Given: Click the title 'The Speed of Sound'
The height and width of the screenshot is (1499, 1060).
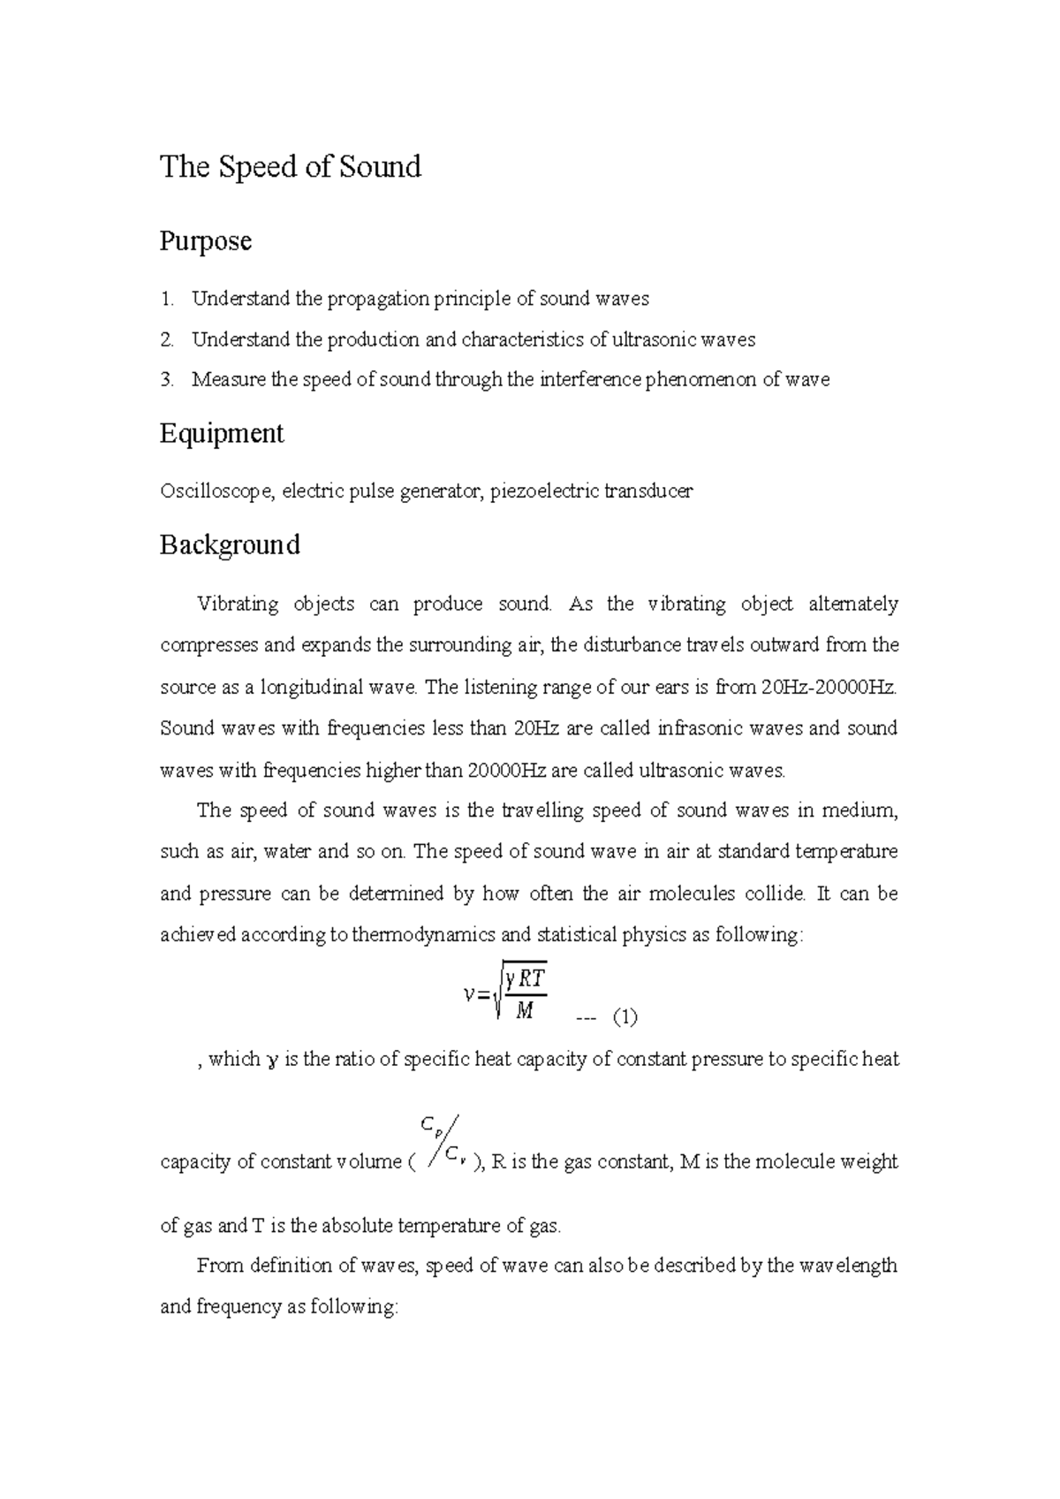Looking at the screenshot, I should pyautogui.click(x=290, y=167).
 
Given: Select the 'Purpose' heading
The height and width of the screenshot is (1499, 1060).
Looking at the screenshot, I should pyautogui.click(x=205, y=241).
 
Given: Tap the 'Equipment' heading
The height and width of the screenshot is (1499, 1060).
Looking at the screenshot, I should pyautogui.click(x=221, y=434).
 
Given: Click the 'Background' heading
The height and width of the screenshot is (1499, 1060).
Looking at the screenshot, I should pyautogui.click(x=230, y=544).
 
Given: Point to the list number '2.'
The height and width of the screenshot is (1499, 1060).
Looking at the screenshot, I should pyautogui.click(x=167, y=339).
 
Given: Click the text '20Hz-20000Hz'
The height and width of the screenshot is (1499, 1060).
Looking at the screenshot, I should pyautogui.click(x=829, y=687).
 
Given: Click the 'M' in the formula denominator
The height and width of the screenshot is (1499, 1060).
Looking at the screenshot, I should pyautogui.click(x=524, y=1010).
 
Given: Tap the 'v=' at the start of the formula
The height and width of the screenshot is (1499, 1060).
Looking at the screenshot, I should pyautogui.click(x=475, y=994).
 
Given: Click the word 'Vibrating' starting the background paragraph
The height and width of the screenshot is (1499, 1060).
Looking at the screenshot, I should pyautogui.click(x=238, y=605).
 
